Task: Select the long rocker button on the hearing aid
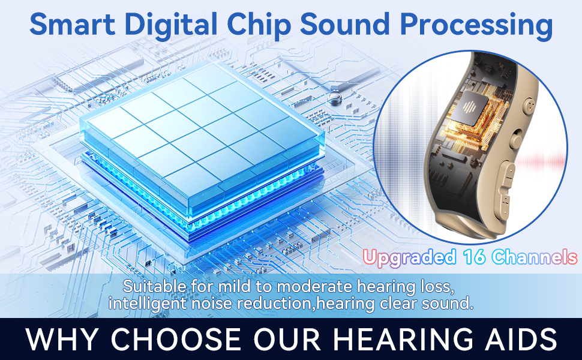click(x=506, y=183)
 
